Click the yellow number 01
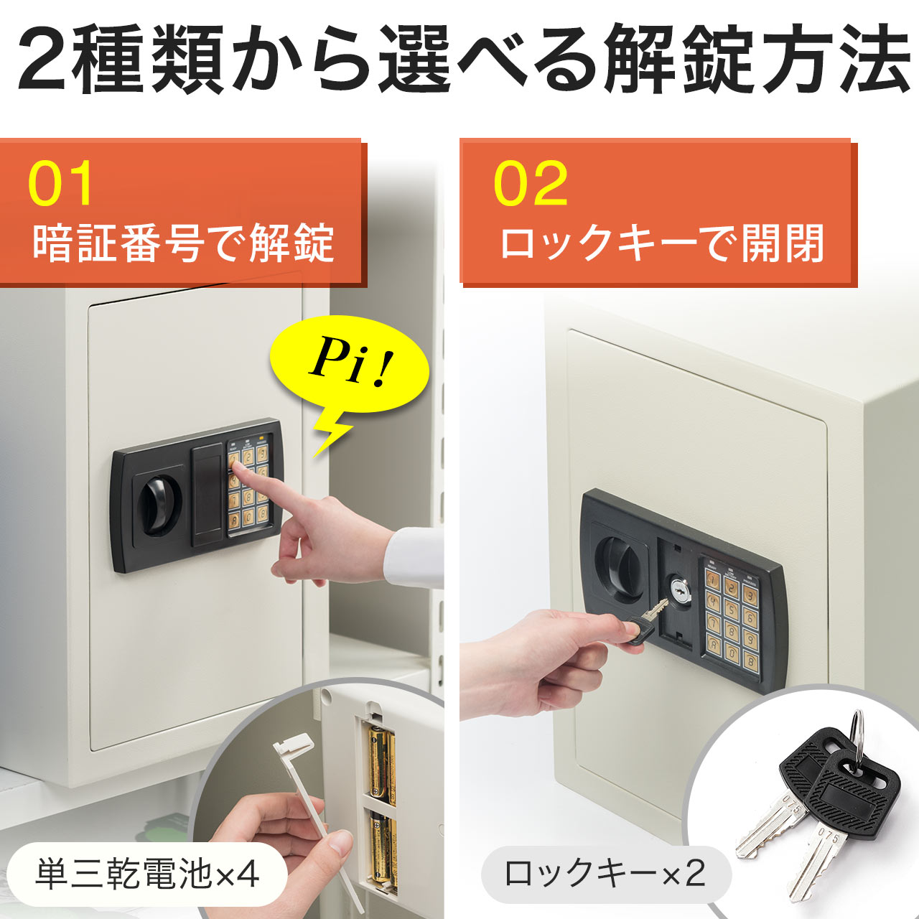[x=61, y=184]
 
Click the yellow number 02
[x=531, y=184]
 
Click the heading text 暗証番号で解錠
[x=183, y=243]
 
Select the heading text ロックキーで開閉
[x=661, y=243]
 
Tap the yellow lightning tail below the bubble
[x=332, y=435]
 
